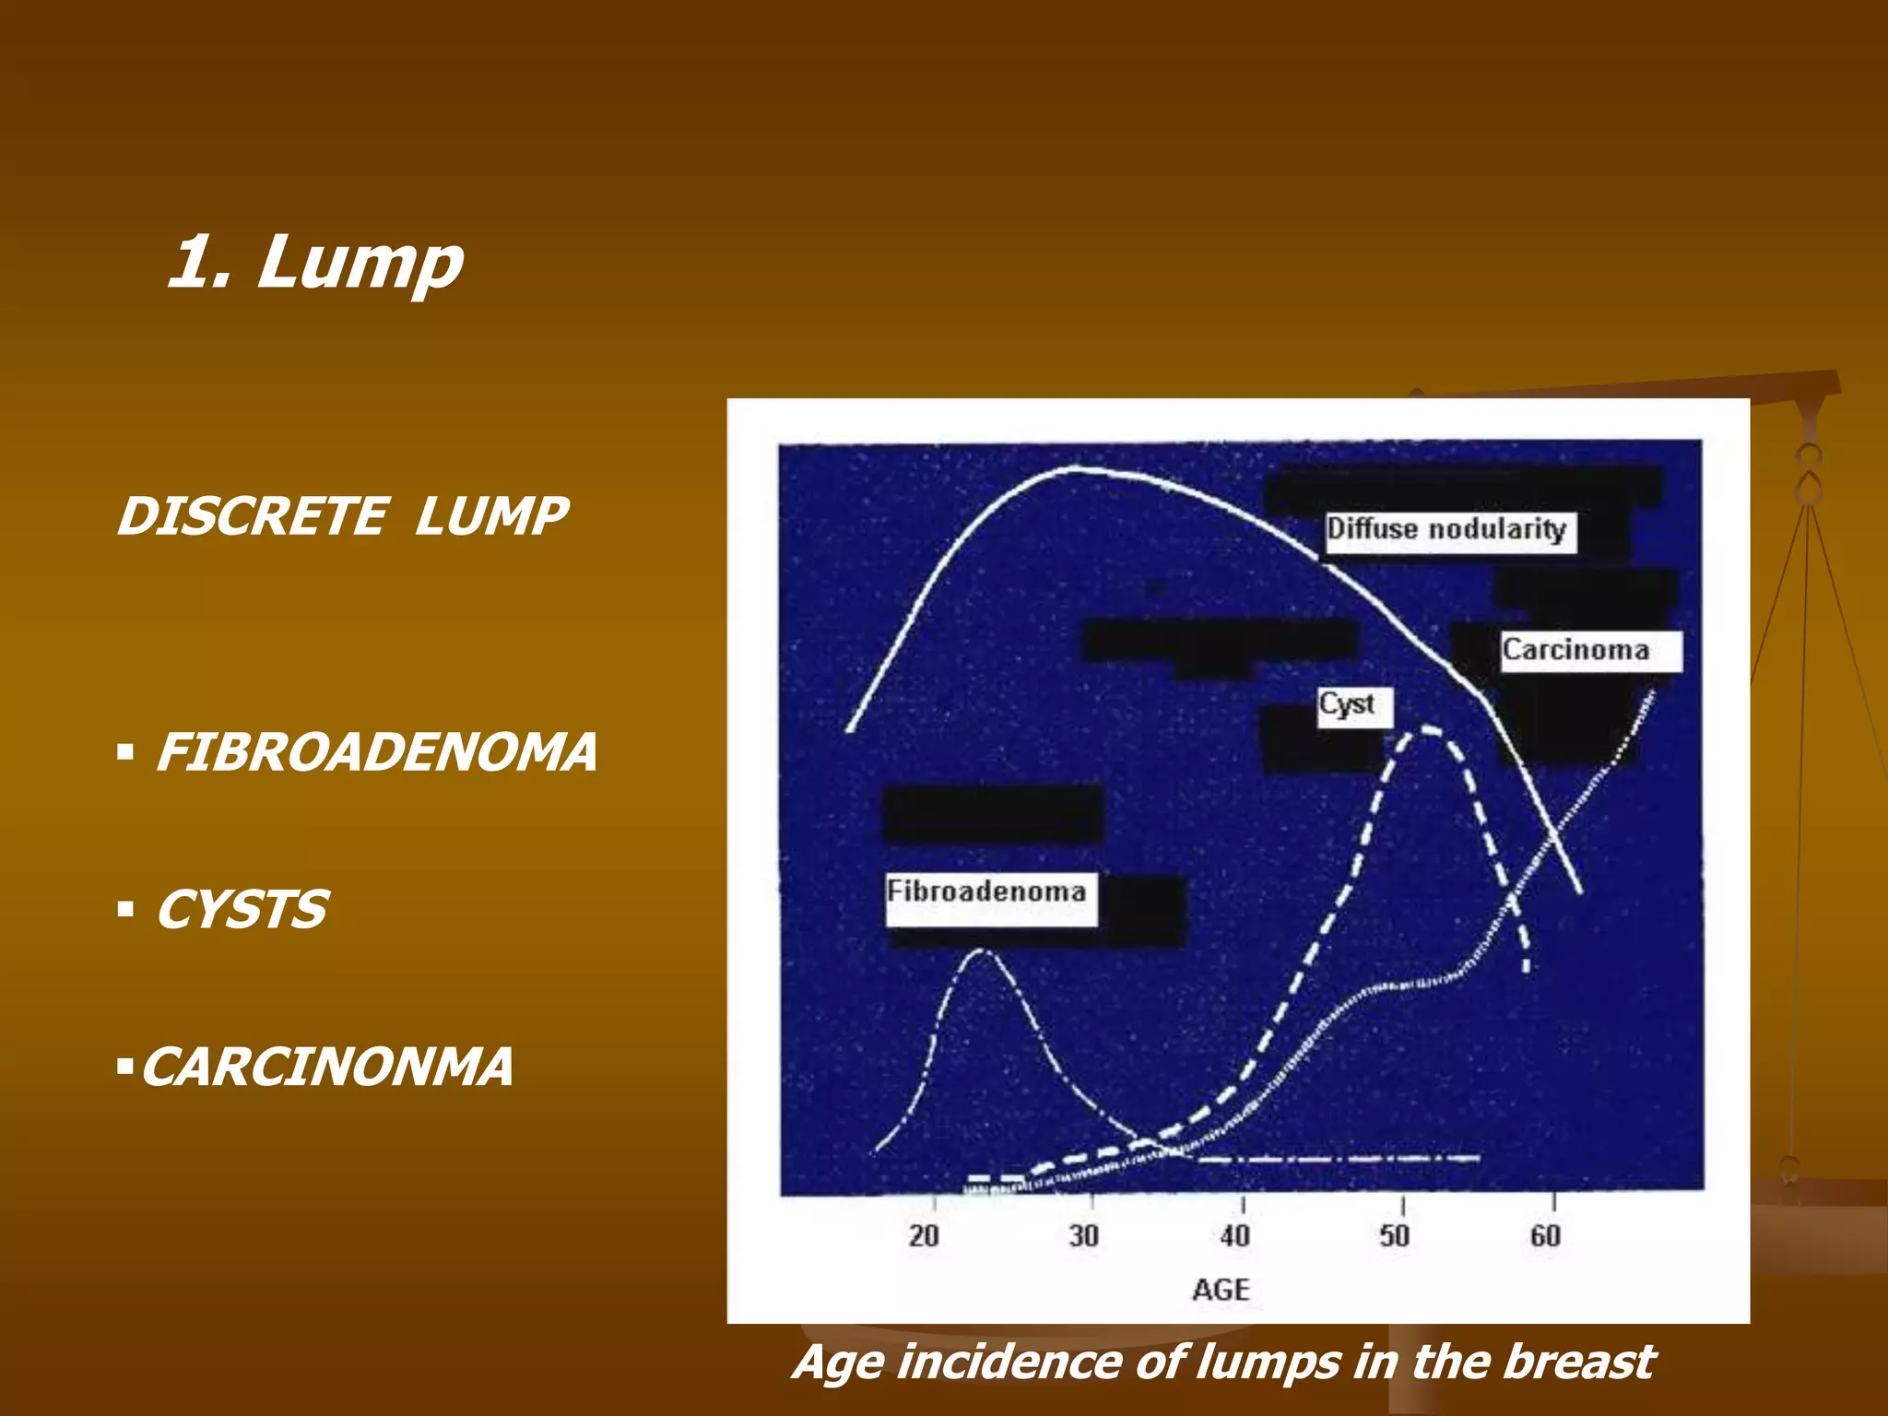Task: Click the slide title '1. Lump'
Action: [x=315, y=263]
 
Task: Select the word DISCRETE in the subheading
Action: [x=252, y=516]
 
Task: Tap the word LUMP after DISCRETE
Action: [x=490, y=516]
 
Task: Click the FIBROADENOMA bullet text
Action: [x=376, y=752]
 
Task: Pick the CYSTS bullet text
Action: [x=241, y=911]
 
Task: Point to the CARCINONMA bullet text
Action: [x=326, y=1068]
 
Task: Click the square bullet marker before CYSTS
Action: [x=126, y=911]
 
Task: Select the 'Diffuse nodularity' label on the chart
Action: [x=1447, y=530]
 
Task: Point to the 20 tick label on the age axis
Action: [x=924, y=1236]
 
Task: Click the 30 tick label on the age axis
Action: [x=1084, y=1236]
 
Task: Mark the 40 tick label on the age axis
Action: [x=1235, y=1236]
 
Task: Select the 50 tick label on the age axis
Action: [x=1395, y=1236]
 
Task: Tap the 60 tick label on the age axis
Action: [x=1546, y=1236]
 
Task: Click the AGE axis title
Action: [x=1221, y=1290]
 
